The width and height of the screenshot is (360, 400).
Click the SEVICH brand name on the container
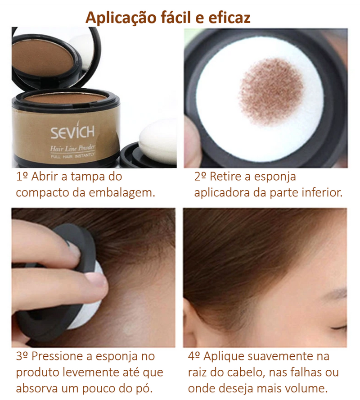coord(72,132)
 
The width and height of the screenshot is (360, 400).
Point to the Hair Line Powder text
coord(72,148)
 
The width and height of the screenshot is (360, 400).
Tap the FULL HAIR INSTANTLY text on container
coord(72,156)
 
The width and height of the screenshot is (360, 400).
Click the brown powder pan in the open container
coord(63,97)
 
